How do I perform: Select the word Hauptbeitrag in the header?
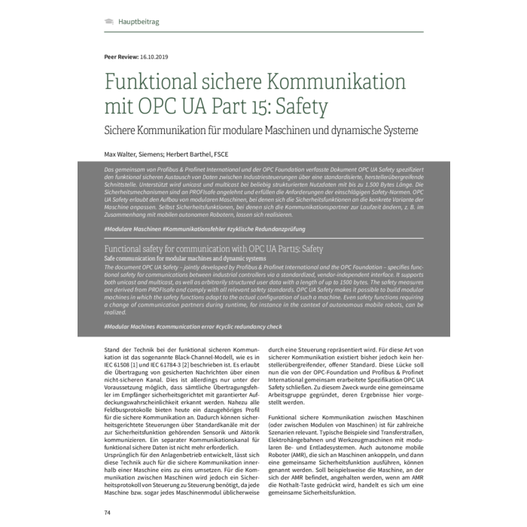click(x=139, y=23)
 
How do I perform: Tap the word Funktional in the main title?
click(x=151, y=80)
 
